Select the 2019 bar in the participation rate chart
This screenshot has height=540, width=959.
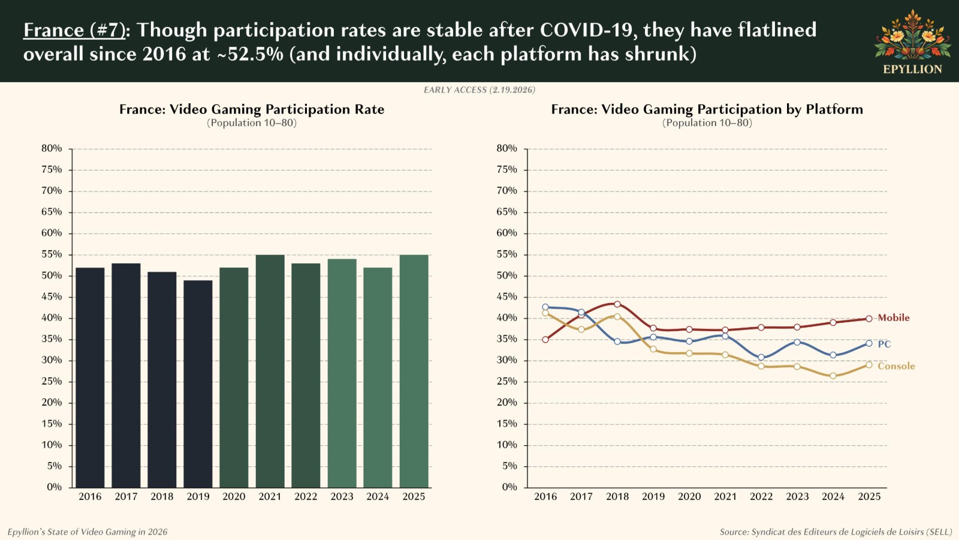(198, 384)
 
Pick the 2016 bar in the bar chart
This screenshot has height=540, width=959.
(90, 377)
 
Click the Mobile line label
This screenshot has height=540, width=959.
(893, 318)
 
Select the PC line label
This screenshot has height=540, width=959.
(884, 344)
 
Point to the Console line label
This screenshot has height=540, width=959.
(896, 366)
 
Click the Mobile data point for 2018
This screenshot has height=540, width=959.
(617, 304)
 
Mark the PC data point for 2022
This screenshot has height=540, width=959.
(761, 358)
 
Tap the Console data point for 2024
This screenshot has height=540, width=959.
(833, 376)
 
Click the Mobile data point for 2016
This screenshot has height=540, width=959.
(545, 340)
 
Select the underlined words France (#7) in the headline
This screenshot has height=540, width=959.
(74, 30)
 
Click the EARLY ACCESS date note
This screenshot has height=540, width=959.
(479, 90)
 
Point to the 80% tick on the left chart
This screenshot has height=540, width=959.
(52, 148)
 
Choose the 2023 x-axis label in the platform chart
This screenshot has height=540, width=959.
(797, 497)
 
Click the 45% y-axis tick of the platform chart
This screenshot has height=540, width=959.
(506, 296)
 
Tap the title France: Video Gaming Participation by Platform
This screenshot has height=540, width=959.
(707, 109)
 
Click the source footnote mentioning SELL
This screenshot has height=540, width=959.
(836, 532)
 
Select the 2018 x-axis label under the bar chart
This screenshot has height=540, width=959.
(162, 497)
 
